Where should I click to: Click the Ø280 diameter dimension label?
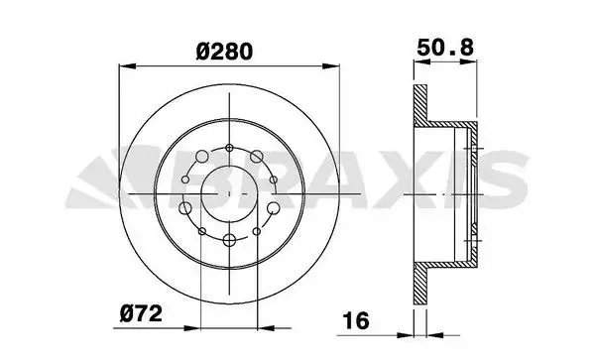coord(224,52)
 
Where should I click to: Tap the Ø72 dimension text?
coord(141,314)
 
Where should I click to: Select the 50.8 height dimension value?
coord(445,49)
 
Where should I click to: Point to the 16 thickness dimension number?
coord(356,320)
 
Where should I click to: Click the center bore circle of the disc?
coord(229,193)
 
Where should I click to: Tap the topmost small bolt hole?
coord(229,148)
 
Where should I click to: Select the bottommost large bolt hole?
coord(229,240)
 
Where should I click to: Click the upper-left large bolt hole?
coord(202,157)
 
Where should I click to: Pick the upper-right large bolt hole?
coord(257,156)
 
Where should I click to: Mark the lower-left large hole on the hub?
coord(185,208)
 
